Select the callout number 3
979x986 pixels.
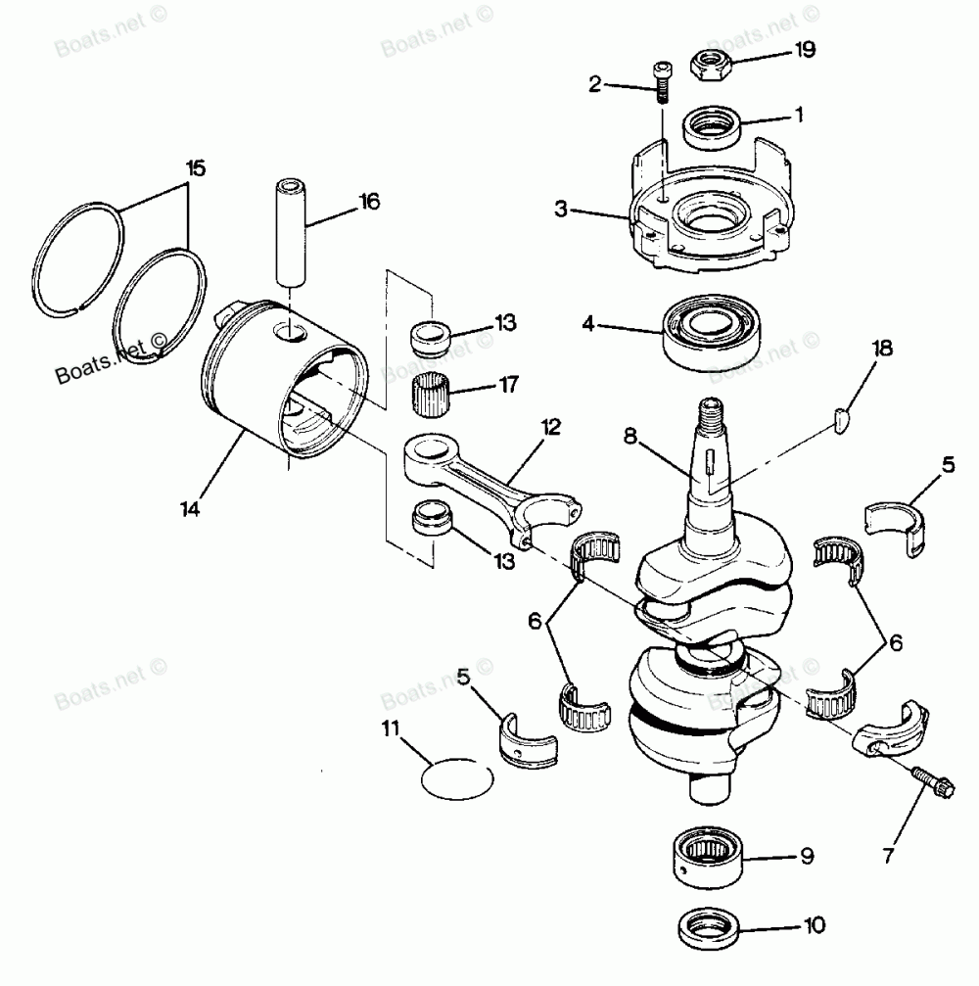click(x=561, y=210)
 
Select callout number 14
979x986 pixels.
click(x=190, y=508)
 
